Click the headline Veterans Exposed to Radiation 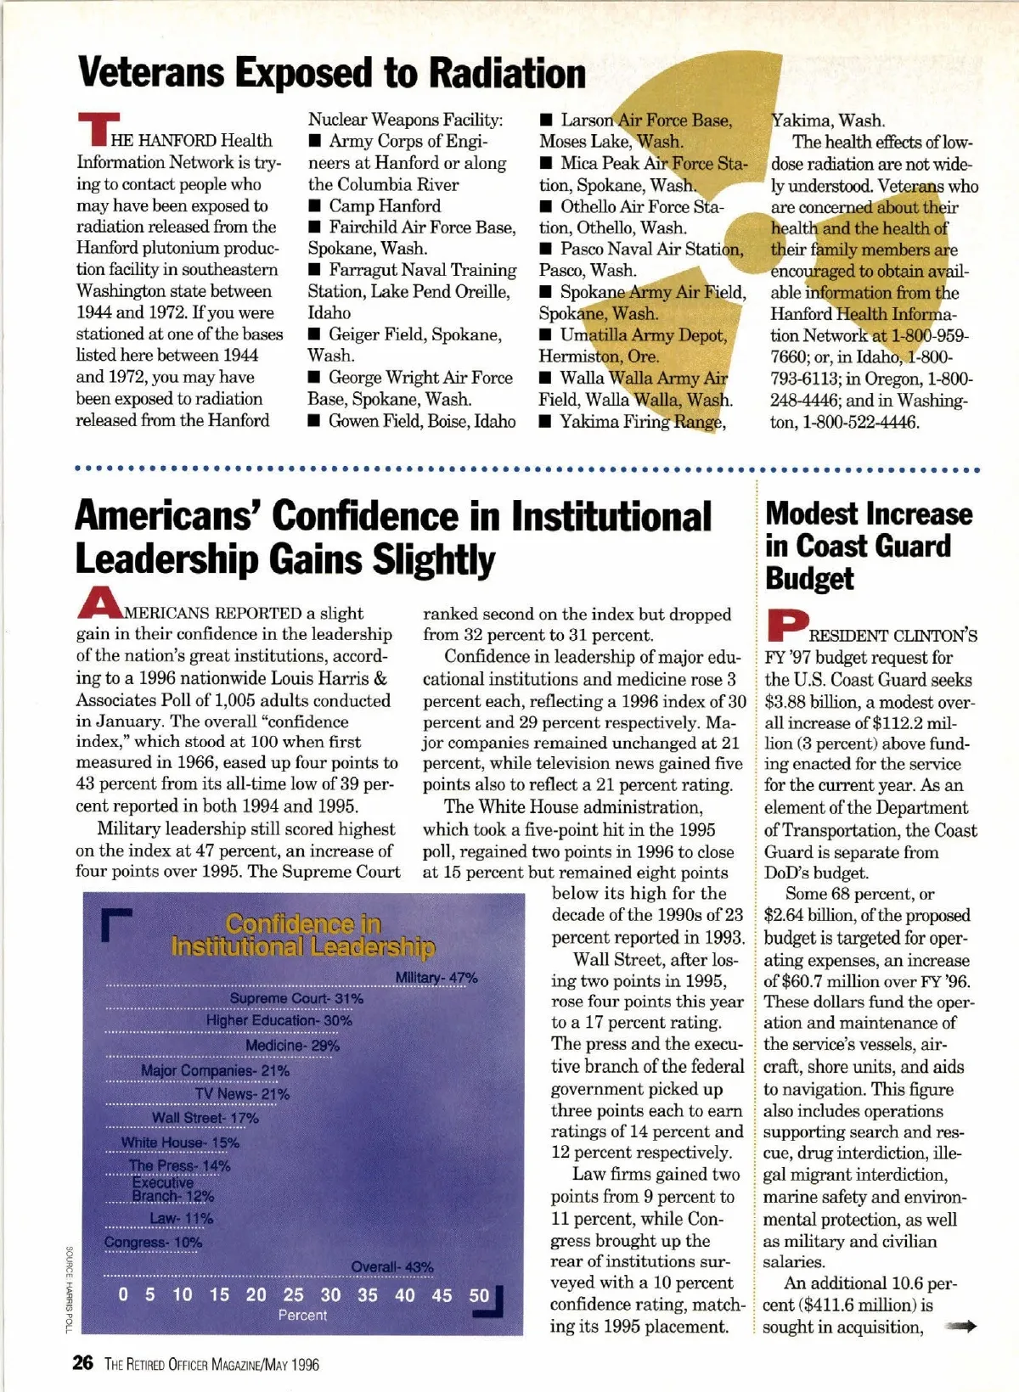[332, 73]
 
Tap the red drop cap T [95, 130]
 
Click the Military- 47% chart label [436, 978]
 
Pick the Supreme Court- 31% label [296, 999]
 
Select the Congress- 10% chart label [153, 1243]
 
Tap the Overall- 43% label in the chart [392, 1267]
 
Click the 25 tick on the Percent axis [293, 1294]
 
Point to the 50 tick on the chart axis [479, 1295]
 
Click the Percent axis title [302, 1315]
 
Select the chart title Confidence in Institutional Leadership [303, 935]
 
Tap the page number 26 [82, 1363]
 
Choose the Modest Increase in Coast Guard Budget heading [868, 546]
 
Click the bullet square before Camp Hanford [315, 206]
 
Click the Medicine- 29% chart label [292, 1046]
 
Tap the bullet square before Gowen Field [315, 421]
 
